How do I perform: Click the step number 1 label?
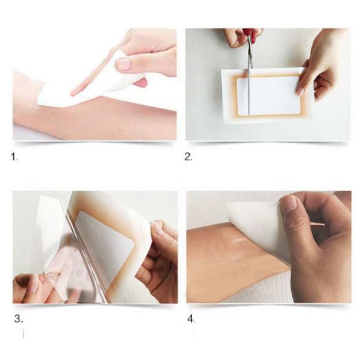(14, 157)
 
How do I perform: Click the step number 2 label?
(188, 157)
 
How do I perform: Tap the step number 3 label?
(18, 318)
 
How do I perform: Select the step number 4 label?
(191, 318)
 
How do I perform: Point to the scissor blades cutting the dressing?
(250, 77)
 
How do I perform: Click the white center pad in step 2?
(268, 96)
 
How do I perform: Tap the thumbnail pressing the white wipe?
(123, 64)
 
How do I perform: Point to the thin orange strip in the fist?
(317, 224)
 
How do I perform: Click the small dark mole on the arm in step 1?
(120, 130)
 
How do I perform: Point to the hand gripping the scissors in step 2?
(239, 37)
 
